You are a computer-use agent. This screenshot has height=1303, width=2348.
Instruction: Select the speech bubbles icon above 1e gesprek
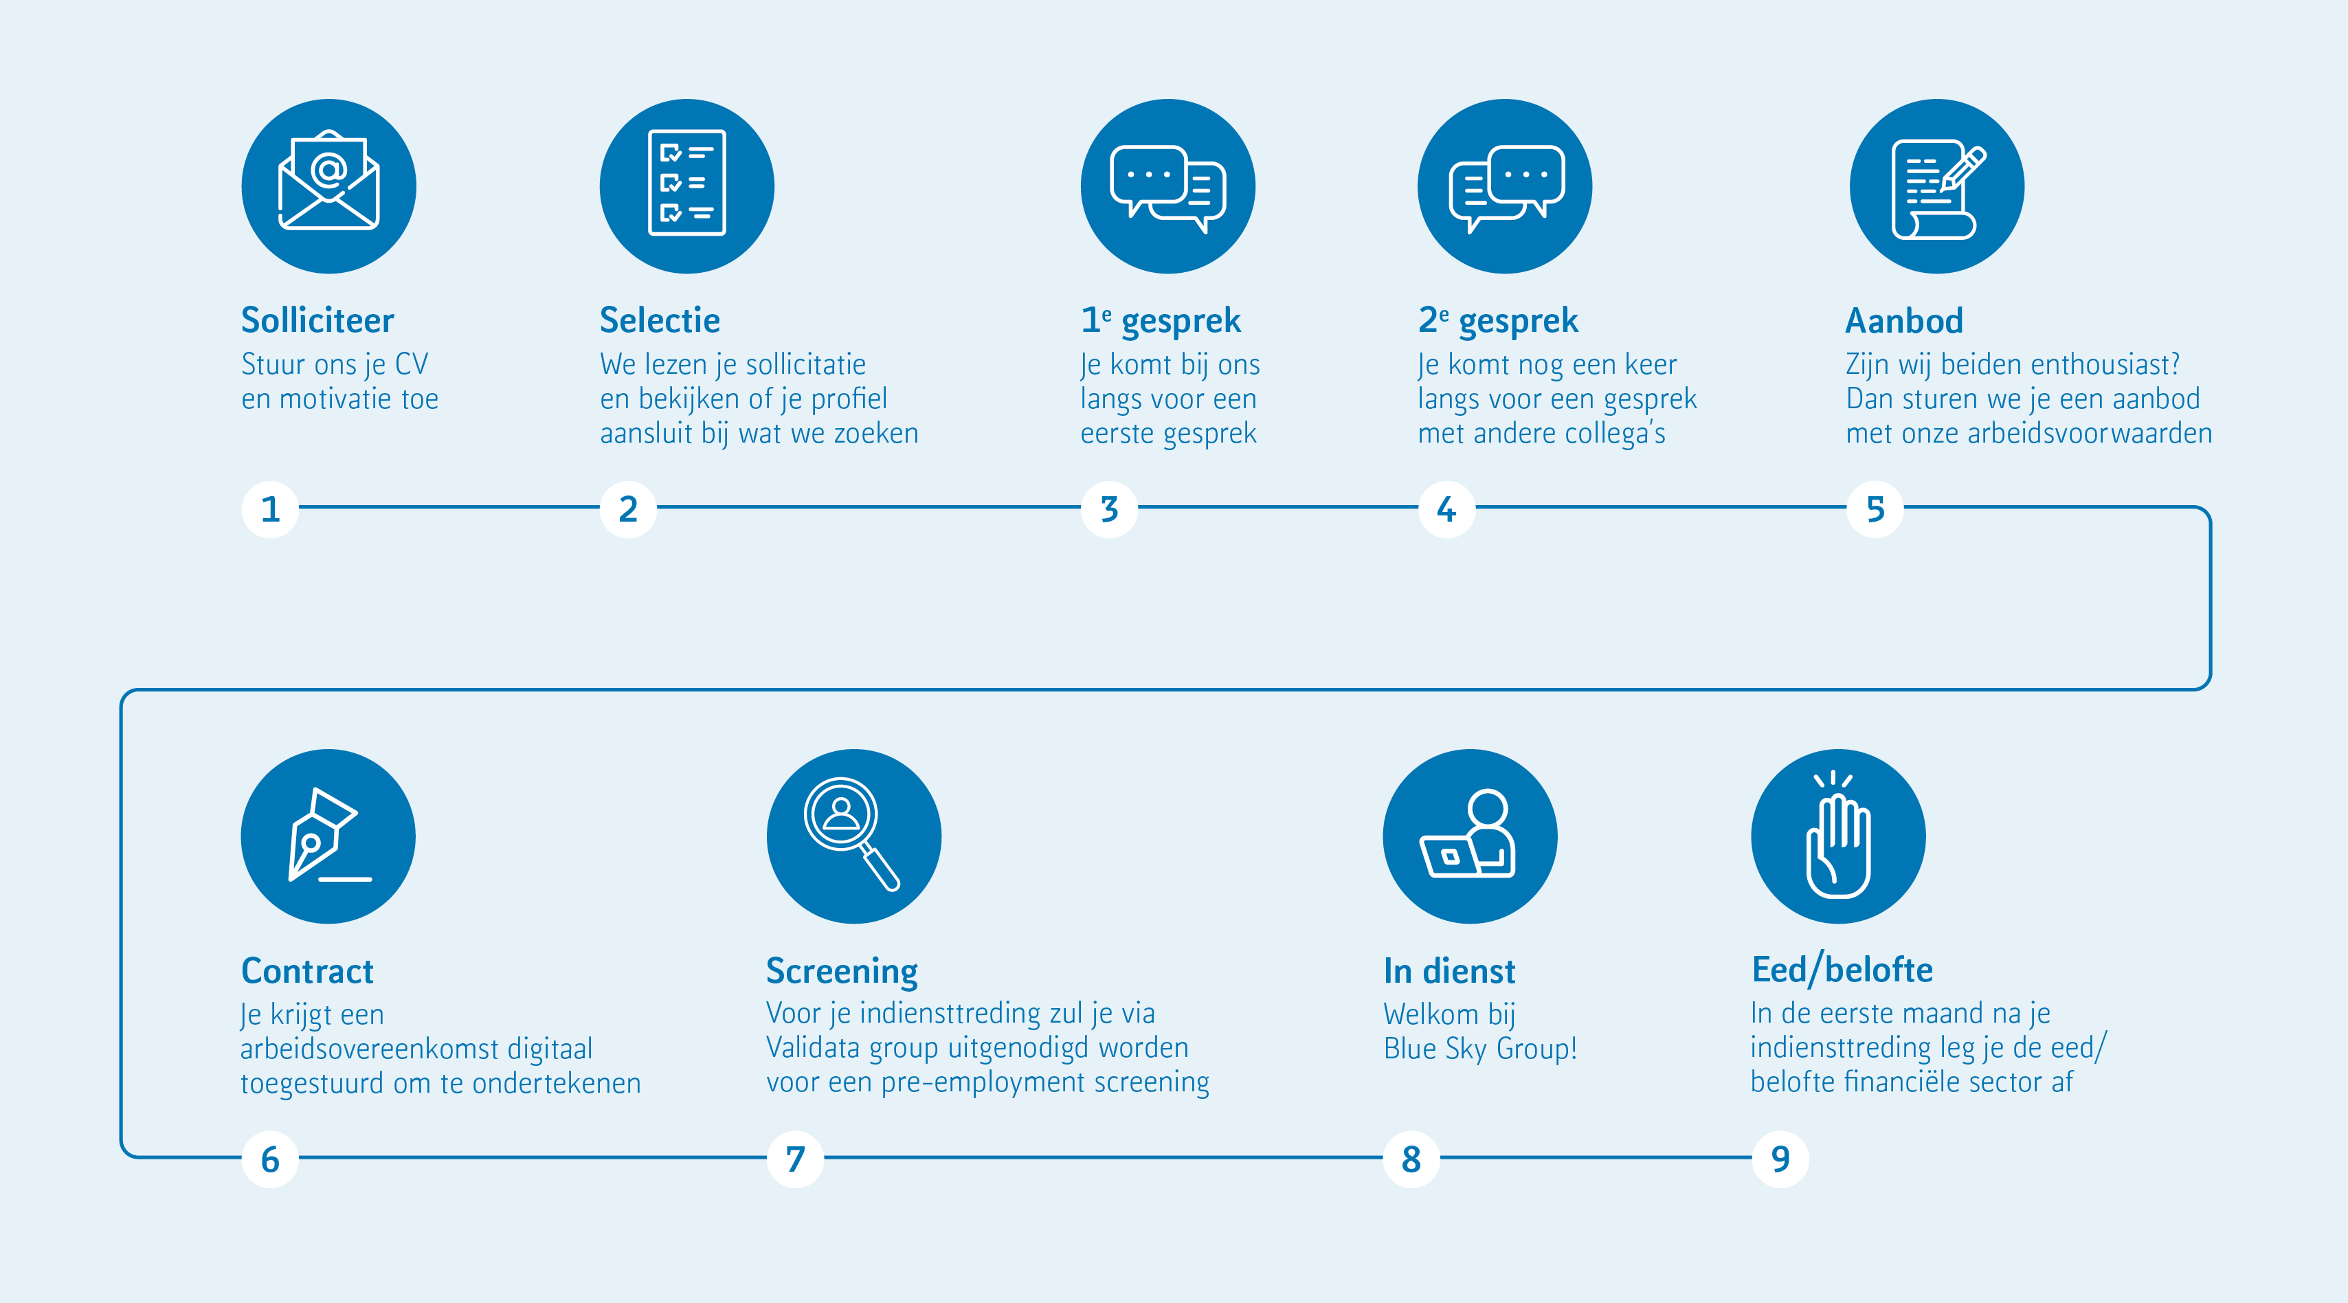(1167, 186)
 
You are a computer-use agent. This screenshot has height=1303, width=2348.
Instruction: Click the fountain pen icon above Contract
(328, 836)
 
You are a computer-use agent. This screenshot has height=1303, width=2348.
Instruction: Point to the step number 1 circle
(270, 509)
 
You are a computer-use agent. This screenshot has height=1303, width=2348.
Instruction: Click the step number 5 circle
(1875, 509)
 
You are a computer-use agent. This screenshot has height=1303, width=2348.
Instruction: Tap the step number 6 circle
(270, 1159)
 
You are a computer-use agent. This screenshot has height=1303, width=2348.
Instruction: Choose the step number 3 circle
(1109, 509)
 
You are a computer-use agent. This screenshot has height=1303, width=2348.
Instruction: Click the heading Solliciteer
(317, 320)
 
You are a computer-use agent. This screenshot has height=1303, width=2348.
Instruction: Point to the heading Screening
(841, 972)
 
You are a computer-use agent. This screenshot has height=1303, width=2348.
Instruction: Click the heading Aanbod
(1904, 321)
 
